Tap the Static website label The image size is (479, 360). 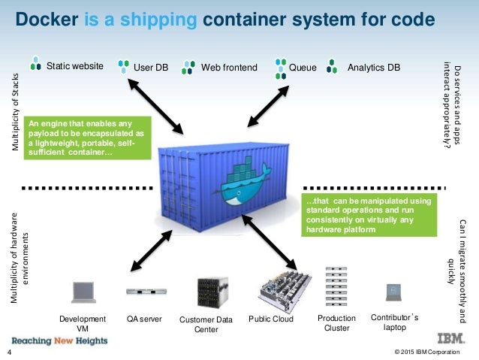point(75,67)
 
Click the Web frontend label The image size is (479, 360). point(229,68)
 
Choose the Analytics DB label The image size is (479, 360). point(374,68)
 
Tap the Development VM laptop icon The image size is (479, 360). point(82,292)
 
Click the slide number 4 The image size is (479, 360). point(9,352)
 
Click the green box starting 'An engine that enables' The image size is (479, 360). point(88,137)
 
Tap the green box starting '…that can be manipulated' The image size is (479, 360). point(367,216)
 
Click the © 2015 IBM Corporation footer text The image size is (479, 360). point(431,352)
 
